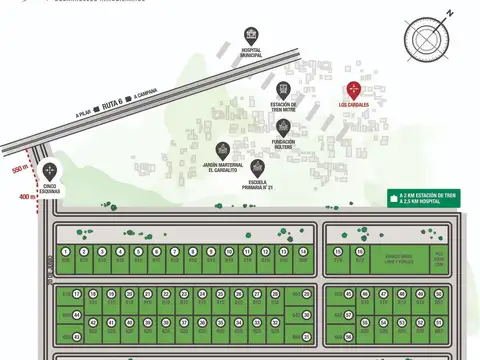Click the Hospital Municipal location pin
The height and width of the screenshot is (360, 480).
250,34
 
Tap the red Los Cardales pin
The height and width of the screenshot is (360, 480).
353,90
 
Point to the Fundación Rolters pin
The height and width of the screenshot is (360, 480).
283,127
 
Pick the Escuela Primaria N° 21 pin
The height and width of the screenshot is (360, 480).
257,168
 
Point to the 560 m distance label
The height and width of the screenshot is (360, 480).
18,169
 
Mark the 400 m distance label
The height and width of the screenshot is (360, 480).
25,197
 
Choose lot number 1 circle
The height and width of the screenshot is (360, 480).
65,252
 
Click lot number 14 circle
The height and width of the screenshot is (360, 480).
303,252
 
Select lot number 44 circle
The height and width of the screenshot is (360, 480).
77,314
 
